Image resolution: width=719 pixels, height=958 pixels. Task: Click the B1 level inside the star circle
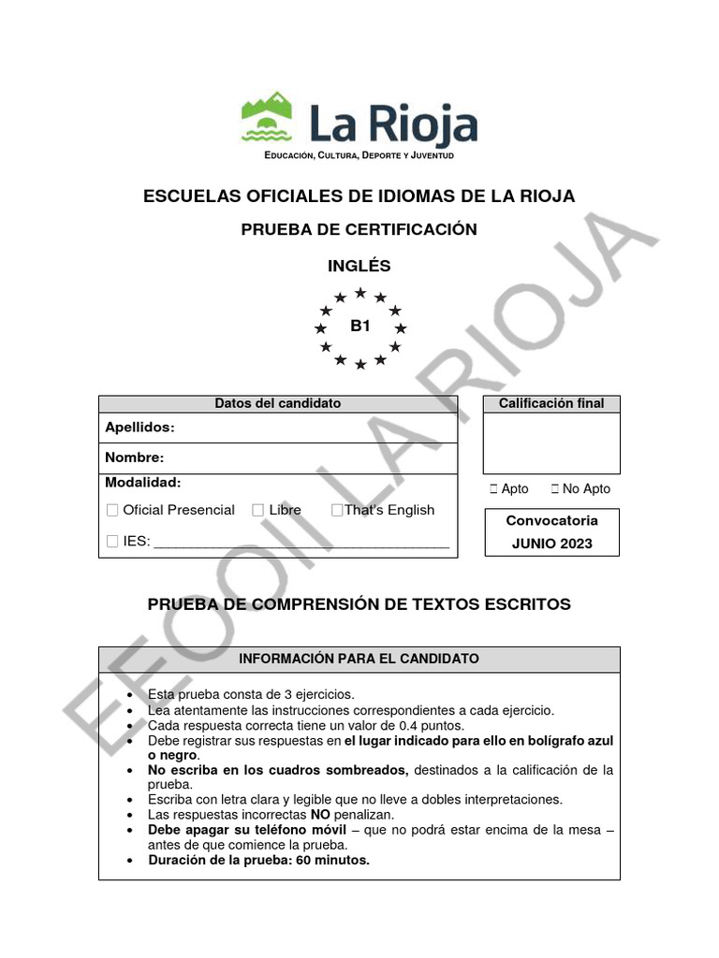(360, 327)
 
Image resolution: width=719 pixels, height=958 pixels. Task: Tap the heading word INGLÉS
(359, 266)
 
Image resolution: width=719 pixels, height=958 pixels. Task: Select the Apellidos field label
(139, 428)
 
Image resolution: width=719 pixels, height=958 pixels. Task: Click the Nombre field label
(135, 457)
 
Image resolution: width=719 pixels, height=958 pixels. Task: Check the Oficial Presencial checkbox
(112, 510)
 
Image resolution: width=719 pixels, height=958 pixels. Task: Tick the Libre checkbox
(257, 510)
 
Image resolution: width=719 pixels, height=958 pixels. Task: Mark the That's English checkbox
(336, 510)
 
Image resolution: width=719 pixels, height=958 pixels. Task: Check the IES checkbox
(112, 541)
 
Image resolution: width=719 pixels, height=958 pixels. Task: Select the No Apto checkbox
(556, 488)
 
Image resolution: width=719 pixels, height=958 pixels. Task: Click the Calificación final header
(551, 403)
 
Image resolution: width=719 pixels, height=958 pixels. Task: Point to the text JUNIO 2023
(551, 544)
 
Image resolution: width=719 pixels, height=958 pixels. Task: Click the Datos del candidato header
(278, 403)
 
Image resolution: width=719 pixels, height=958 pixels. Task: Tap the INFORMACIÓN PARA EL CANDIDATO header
(359, 659)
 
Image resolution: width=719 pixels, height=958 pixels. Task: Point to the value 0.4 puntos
(426, 725)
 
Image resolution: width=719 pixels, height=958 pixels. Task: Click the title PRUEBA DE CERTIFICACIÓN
(359, 230)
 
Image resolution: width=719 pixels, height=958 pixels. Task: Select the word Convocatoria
(551, 520)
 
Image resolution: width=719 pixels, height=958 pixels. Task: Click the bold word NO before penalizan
(319, 815)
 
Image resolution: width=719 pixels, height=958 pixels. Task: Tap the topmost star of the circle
(360, 293)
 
